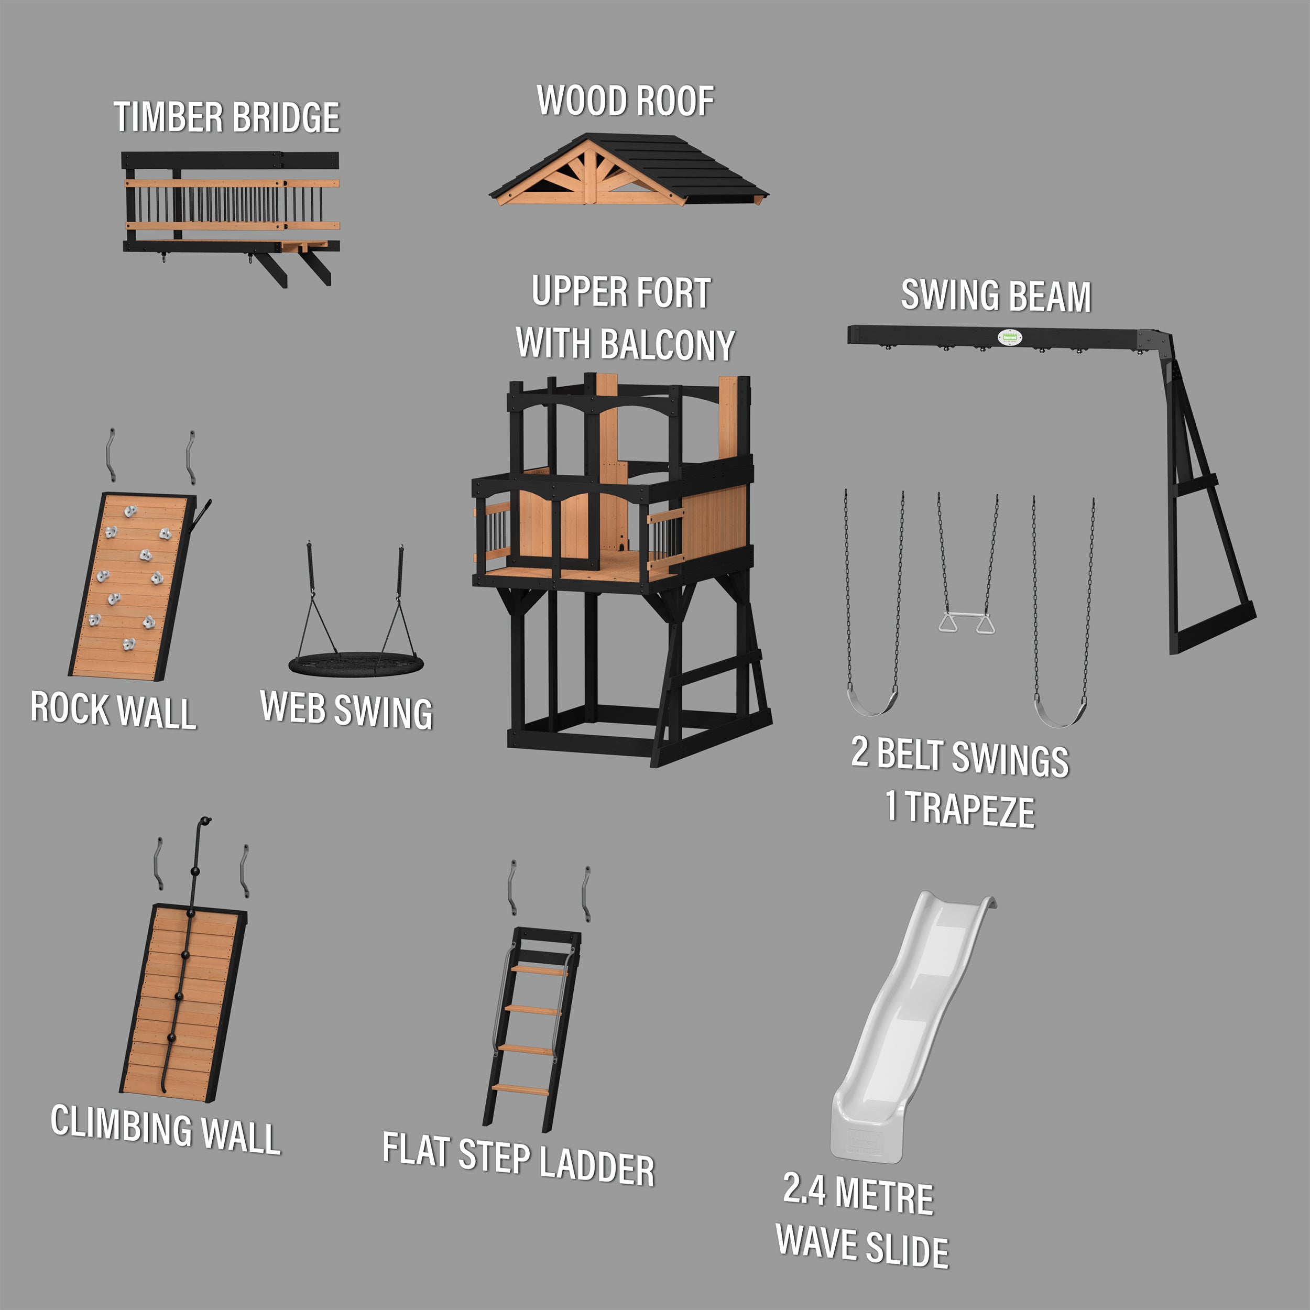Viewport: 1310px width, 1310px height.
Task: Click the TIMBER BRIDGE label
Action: (226, 117)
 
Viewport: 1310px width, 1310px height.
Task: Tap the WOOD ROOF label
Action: (625, 101)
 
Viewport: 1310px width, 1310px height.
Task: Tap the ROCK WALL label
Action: (113, 710)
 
